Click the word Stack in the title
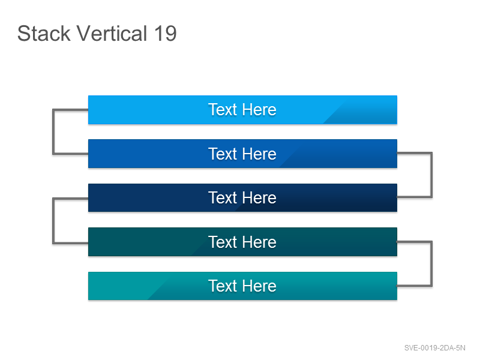click(x=44, y=34)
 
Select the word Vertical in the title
click(x=112, y=34)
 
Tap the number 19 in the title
click(x=166, y=34)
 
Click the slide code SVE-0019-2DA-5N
click(x=434, y=348)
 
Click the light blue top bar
click(x=242, y=110)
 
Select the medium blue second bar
click(x=242, y=154)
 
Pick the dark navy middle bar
click(x=242, y=198)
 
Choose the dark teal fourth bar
click(x=242, y=242)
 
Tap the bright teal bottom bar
click(x=242, y=286)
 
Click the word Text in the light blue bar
click(x=223, y=110)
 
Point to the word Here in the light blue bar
click(x=260, y=110)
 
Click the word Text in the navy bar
click(x=223, y=197)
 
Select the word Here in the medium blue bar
click(x=260, y=154)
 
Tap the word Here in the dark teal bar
click(x=260, y=242)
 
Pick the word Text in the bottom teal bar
click(x=223, y=286)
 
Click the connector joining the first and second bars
click(x=53, y=131)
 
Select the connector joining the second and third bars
click(x=431, y=175)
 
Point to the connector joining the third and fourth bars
click(x=53, y=221)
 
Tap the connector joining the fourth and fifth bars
click(x=431, y=264)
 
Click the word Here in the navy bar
click(x=260, y=197)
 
